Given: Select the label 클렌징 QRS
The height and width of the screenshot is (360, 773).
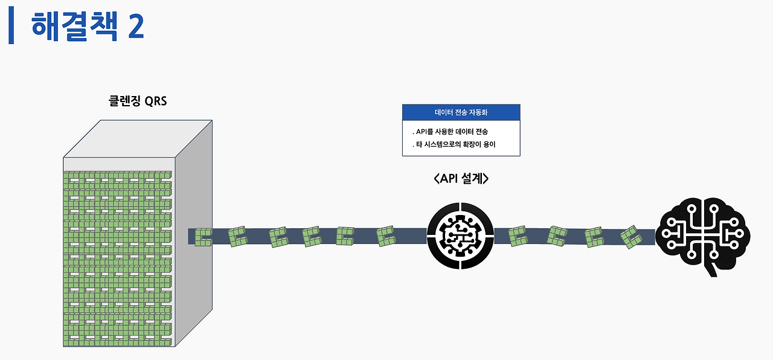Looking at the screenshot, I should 137,101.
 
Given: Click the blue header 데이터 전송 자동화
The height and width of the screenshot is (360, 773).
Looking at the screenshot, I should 461,112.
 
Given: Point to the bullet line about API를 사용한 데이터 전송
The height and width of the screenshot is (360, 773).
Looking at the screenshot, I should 450,131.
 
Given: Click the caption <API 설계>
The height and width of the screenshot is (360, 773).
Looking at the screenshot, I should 461,179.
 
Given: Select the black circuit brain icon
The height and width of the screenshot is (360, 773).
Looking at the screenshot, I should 703,237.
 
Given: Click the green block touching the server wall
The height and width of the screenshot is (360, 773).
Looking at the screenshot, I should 204,237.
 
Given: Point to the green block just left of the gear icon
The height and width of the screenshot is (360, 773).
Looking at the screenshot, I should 386,236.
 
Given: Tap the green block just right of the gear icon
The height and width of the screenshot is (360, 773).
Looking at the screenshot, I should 518,236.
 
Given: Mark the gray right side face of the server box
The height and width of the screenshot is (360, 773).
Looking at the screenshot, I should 193,242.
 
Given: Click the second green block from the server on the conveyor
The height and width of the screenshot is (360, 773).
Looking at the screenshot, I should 237,236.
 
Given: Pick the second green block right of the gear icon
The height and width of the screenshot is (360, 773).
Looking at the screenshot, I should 557,236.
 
